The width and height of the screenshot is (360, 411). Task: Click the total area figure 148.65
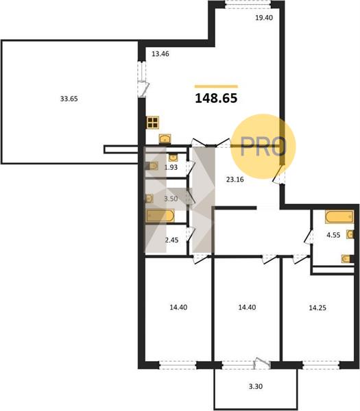216,98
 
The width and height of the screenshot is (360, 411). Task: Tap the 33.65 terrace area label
69,99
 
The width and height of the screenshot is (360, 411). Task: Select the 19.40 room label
264,18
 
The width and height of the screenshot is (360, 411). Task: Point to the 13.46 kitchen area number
160,54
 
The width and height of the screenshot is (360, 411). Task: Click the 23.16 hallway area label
235,179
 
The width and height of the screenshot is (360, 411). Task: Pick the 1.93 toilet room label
171,167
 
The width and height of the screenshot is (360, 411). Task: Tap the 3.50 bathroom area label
171,199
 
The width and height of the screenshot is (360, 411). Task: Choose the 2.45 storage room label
172,240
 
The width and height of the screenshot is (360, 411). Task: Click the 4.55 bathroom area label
333,235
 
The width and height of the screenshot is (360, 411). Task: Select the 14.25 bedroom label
317,308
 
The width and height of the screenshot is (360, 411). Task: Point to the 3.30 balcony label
256,386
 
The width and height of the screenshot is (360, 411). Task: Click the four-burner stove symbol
153,123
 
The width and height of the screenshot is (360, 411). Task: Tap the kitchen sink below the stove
165,138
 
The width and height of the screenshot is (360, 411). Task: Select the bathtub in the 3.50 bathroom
160,216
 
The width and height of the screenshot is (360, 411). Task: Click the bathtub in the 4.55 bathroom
339,216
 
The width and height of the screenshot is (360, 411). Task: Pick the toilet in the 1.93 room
152,166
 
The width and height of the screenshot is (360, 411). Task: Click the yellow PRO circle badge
263,147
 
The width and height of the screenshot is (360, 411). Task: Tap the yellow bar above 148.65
216,86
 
